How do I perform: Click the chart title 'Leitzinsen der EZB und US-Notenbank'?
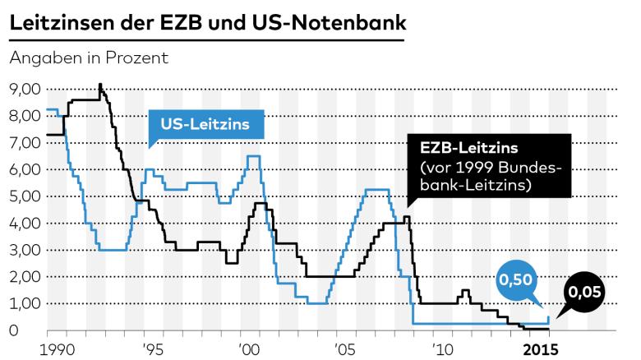[207, 23]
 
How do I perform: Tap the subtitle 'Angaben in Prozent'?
[88, 58]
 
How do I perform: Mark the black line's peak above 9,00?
[100, 85]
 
